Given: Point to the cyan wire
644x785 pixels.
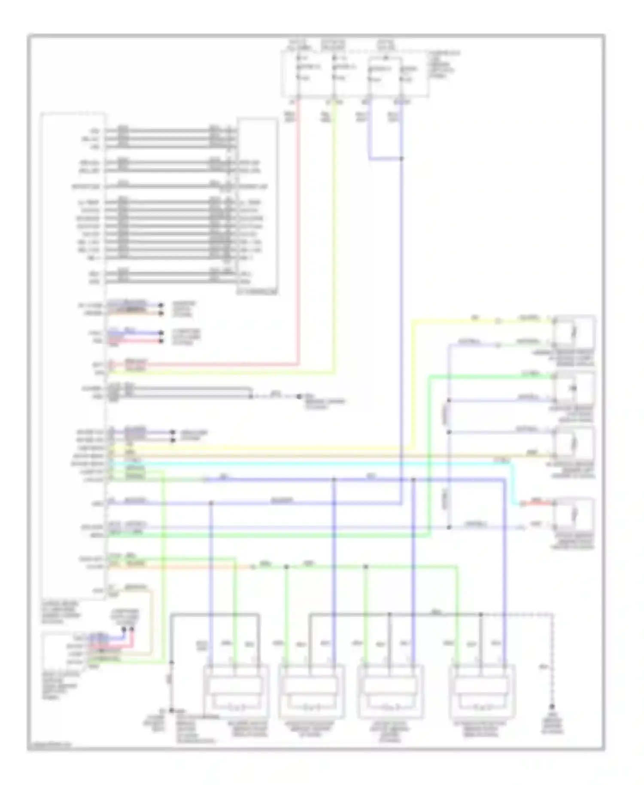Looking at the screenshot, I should click(x=301, y=464).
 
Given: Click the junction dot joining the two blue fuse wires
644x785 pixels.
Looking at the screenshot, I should click(x=401, y=158).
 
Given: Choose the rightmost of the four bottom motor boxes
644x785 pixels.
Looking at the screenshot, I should click(x=482, y=691).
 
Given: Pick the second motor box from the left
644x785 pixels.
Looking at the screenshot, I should click(x=311, y=691).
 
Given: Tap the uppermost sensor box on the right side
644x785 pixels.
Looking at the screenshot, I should click(x=574, y=332).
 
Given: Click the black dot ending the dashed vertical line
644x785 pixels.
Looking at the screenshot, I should click(x=552, y=706).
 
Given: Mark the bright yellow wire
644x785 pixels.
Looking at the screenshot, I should click(x=412, y=386).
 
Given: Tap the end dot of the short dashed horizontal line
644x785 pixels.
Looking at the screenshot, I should click(x=299, y=396).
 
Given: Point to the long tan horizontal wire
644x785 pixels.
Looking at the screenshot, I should click(x=326, y=456).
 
